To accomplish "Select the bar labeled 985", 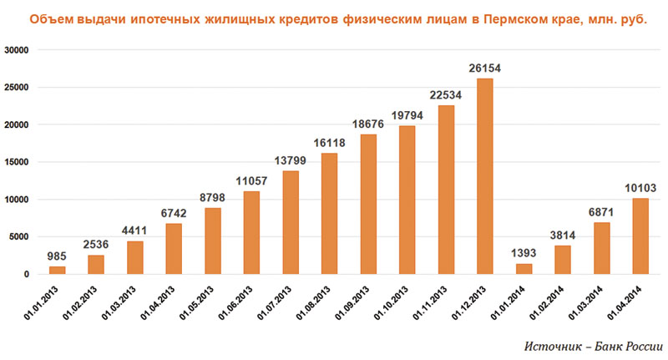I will click(x=58, y=270).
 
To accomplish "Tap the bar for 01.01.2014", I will click(x=524, y=269).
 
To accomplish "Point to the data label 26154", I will click(x=485, y=68).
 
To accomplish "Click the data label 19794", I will click(x=407, y=115).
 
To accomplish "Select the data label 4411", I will click(x=135, y=231).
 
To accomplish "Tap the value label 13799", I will click(x=291, y=160).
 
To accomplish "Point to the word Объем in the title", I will click(x=49, y=18).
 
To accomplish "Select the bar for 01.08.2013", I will click(x=330, y=213).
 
